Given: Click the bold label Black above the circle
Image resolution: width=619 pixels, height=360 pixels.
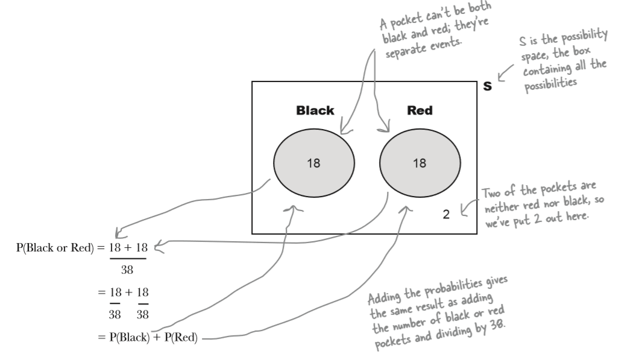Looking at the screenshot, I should (x=315, y=111).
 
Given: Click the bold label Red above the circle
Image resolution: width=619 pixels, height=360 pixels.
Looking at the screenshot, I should (x=419, y=111).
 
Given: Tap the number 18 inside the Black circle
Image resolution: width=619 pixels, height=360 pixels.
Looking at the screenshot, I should (x=313, y=162).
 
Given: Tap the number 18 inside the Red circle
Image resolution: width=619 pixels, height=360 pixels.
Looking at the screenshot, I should (x=419, y=162).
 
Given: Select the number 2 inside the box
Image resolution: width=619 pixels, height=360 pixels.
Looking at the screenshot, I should (x=446, y=214).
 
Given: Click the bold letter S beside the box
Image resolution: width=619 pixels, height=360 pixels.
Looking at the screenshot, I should (x=488, y=87).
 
